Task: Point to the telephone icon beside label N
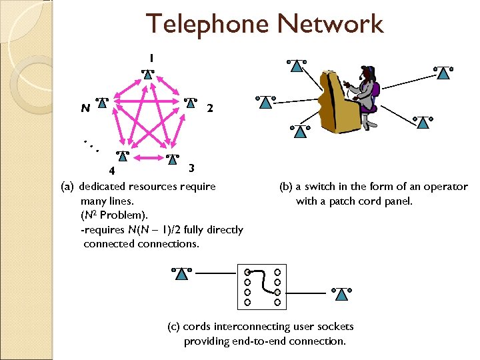[x=104, y=103]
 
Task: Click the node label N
[x=85, y=107]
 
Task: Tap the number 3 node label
[x=191, y=167]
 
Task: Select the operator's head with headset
[x=366, y=75]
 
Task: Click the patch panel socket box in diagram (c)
[x=261, y=287]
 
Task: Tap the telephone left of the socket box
[x=181, y=273]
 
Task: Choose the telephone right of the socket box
[x=341, y=294]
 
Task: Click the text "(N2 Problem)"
[x=114, y=215]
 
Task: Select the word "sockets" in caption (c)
[x=335, y=327]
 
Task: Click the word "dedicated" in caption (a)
[x=101, y=187]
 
